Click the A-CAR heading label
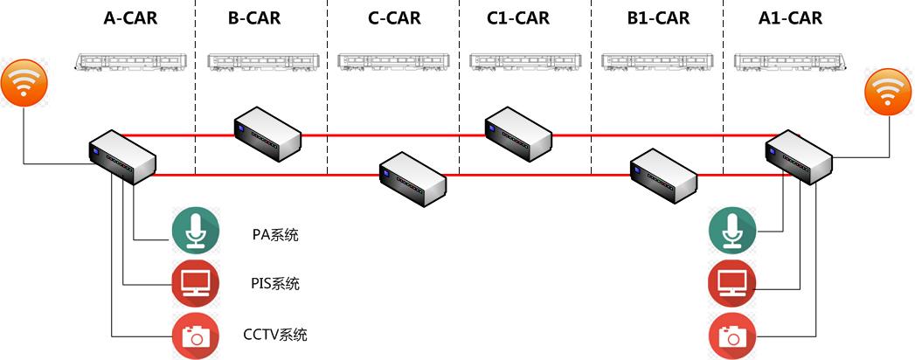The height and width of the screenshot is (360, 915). pyautogui.click(x=130, y=18)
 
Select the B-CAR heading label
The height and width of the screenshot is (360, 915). pyautogui.click(x=254, y=18)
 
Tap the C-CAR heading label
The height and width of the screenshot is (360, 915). pyautogui.click(x=392, y=18)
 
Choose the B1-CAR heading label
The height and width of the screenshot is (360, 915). pyautogui.click(x=658, y=18)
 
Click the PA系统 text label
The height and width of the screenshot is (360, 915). pyautogui.click(x=274, y=234)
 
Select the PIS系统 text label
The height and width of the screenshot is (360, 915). pyautogui.click(x=274, y=284)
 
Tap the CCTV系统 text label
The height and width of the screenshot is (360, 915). pyautogui.click(x=274, y=335)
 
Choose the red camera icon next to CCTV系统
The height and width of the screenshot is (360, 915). pyautogui.click(x=193, y=336)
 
